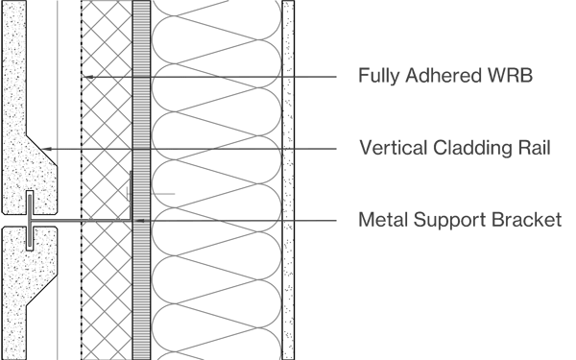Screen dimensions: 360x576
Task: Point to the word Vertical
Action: click(389, 148)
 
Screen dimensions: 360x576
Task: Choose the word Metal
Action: click(382, 221)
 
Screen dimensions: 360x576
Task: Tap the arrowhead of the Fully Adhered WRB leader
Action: click(87, 75)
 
